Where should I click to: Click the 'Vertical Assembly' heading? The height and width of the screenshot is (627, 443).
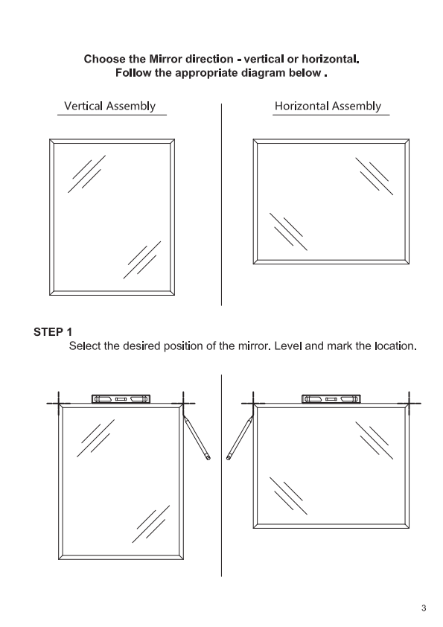pyautogui.click(x=110, y=106)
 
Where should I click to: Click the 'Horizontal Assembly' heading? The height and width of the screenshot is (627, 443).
pyautogui.click(x=328, y=106)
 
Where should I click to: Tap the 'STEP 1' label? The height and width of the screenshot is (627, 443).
pyautogui.click(x=53, y=332)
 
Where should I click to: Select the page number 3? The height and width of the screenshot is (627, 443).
pyautogui.click(x=424, y=608)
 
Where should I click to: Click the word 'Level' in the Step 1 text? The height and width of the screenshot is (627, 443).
pyautogui.click(x=288, y=346)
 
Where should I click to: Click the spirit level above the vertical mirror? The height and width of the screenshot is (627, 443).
pyautogui.click(x=121, y=399)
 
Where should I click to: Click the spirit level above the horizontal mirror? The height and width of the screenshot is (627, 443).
pyautogui.click(x=331, y=399)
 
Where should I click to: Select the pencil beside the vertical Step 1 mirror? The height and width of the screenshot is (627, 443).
pyautogui.click(x=197, y=437)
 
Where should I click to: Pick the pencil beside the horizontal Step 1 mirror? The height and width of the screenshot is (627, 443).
pyautogui.click(x=240, y=437)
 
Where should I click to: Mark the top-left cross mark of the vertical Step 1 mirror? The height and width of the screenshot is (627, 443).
pyautogui.click(x=59, y=404)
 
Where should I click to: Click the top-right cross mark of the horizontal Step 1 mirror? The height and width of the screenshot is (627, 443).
pyautogui.click(x=409, y=404)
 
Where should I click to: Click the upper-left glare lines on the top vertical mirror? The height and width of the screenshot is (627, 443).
pyautogui.click(x=87, y=174)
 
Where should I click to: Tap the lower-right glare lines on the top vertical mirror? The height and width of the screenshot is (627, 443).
pyautogui.click(x=142, y=260)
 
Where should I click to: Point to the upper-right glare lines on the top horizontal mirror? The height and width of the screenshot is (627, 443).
pyautogui.click(x=375, y=176)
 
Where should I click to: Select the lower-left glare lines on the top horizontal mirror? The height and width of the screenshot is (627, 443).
pyautogui.click(x=288, y=232)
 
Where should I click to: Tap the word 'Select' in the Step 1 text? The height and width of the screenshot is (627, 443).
pyautogui.click(x=85, y=346)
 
